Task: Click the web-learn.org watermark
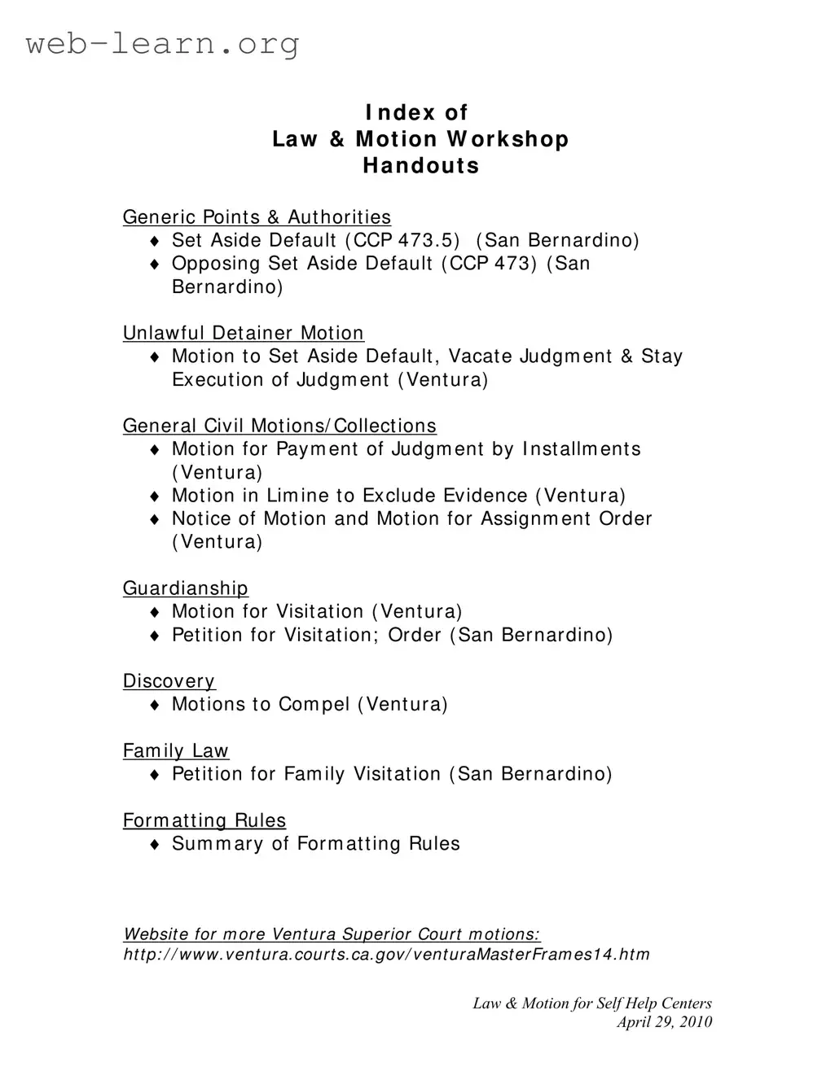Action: pyautogui.click(x=163, y=43)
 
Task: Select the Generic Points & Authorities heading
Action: pyautogui.click(x=257, y=217)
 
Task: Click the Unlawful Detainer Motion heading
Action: pyautogui.click(x=243, y=334)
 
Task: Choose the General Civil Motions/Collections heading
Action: pyautogui.click(x=279, y=426)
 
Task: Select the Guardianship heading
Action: pyautogui.click(x=185, y=588)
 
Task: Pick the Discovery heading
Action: pyautogui.click(x=169, y=681)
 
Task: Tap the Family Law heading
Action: pyautogui.click(x=175, y=751)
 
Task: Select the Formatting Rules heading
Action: pyautogui.click(x=204, y=820)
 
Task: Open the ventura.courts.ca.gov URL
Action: pyautogui.click(x=386, y=955)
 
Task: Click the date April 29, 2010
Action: pyautogui.click(x=664, y=1022)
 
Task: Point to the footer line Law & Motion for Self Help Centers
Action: pyautogui.click(x=592, y=1003)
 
